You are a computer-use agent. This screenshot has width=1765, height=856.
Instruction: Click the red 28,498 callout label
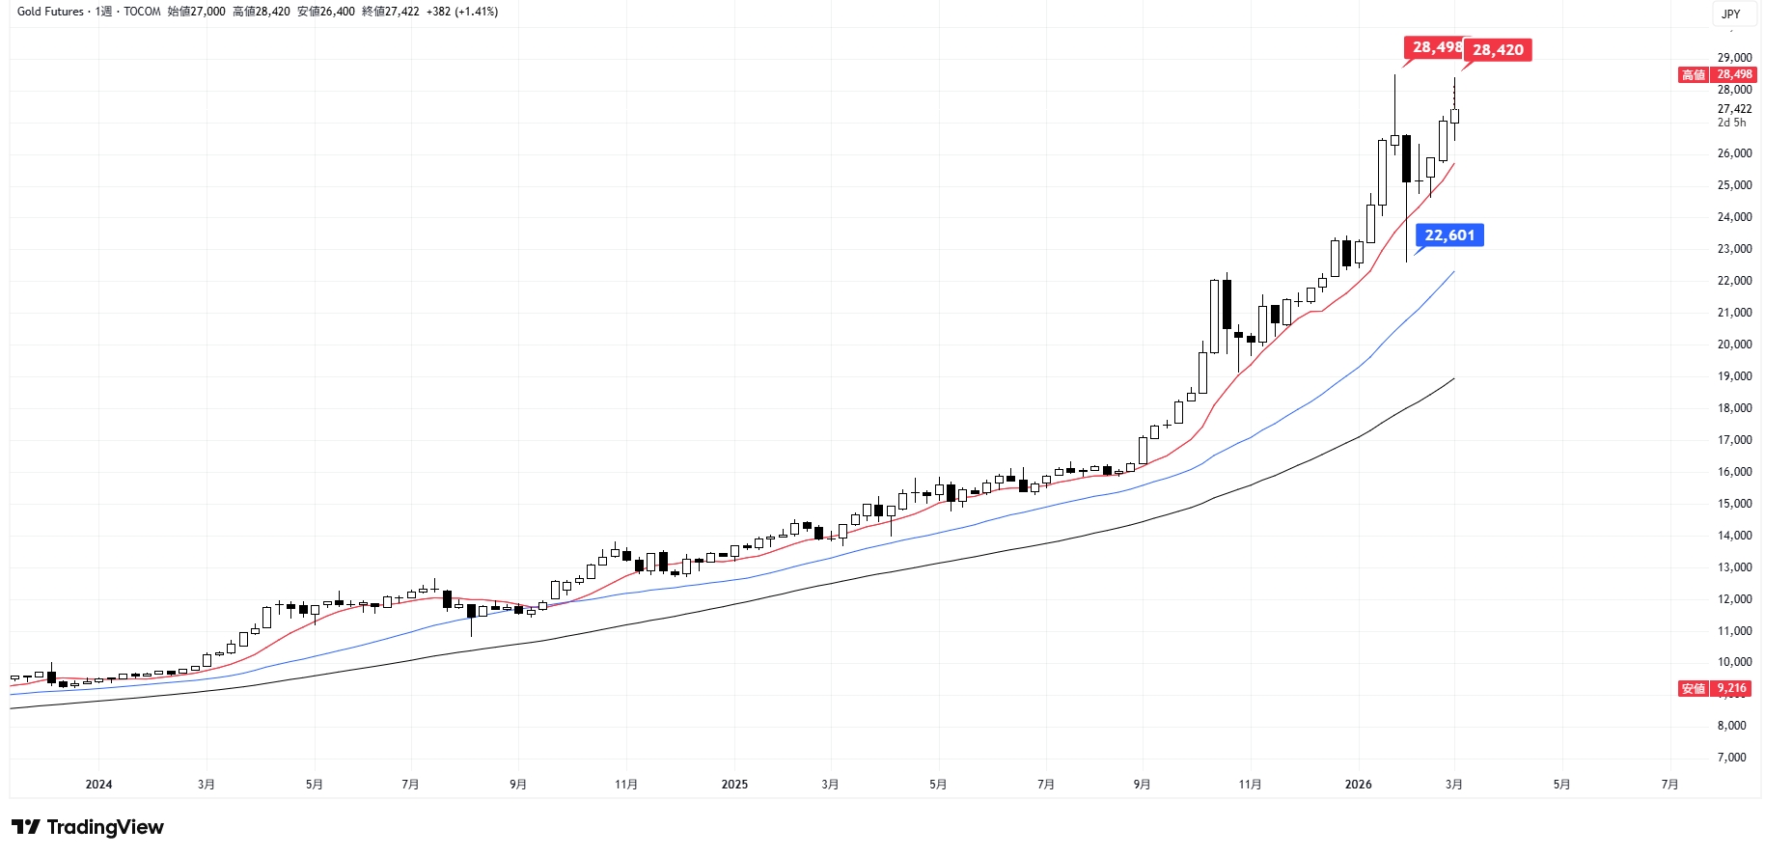tap(1434, 47)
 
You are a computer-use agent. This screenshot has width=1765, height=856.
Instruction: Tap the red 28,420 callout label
tap(1498, 50)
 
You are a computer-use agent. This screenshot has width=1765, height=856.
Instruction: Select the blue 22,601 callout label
tap(1449, 235)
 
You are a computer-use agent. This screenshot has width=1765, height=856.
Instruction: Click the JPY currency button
tap(1731, 14)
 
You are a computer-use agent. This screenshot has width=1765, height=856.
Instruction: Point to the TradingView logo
tap(88, 827)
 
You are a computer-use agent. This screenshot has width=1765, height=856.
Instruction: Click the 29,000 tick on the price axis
tap(1734, 58)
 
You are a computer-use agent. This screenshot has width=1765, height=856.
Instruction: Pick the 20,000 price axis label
tap(1734, 345)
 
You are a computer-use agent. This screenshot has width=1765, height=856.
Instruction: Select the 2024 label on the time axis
tap(98, 785)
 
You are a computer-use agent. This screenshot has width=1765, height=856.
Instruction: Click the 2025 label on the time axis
tap(734, 785)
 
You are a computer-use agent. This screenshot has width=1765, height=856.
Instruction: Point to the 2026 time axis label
tap(1358, 785)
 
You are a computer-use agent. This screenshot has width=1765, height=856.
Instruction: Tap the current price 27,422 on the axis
tap(1734, 109)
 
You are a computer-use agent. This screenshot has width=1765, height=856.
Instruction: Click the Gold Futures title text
tap(50, 12)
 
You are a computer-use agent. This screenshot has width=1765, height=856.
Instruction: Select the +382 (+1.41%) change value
tap(462, 12)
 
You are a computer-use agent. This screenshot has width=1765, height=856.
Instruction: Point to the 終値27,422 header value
tap(391, 12)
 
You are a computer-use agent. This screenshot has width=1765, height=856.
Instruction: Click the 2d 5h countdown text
tap(1731, 123)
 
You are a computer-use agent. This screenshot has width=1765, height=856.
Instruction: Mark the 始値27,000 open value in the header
tap(196, 12)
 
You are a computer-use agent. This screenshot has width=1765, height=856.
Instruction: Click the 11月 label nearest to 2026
tap(1250, 785)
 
